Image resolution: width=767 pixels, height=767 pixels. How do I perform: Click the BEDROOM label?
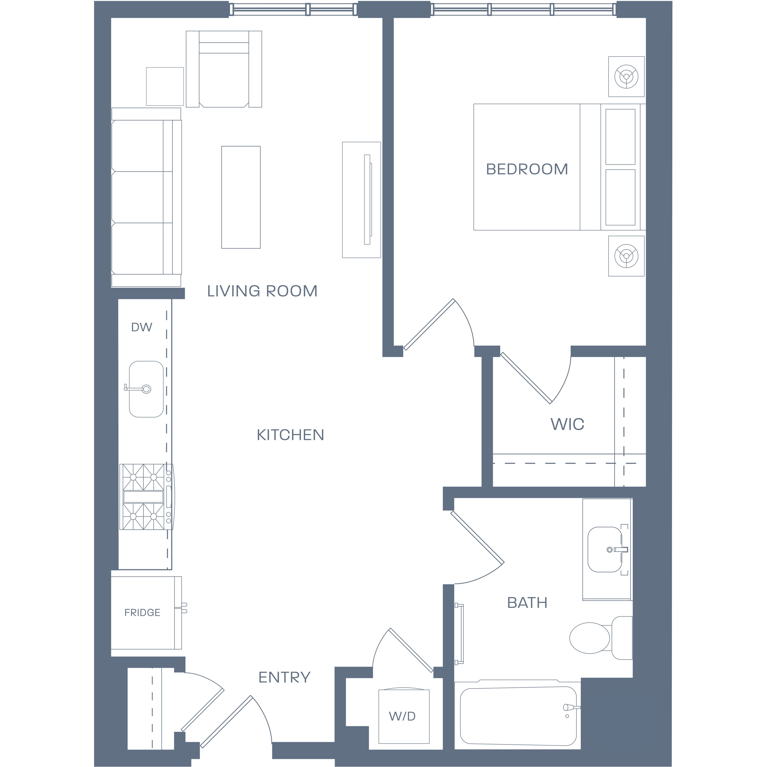pyautogui.click(x=527, y=169)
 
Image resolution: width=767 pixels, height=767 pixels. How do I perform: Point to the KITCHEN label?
pyautogui.click(x=290, y=435)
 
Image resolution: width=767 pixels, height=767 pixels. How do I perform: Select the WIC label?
pyautogui.click(x=567, y=424)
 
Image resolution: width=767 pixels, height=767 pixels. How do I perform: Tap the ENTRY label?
pyautogui.click(x=284, y=677)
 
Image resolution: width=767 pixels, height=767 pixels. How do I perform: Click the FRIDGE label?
pyautogui.click(x=142, y=613)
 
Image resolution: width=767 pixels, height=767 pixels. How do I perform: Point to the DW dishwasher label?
pyautogui.click(x=142, y=327)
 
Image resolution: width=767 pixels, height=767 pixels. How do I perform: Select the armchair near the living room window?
pyautogui.click(x=224, y=69)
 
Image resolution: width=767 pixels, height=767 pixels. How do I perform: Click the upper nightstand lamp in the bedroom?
pyautogui.click(x=626, y=76)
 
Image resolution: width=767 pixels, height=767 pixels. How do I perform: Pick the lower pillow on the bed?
pyautogui.click(x=621, y=197)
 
